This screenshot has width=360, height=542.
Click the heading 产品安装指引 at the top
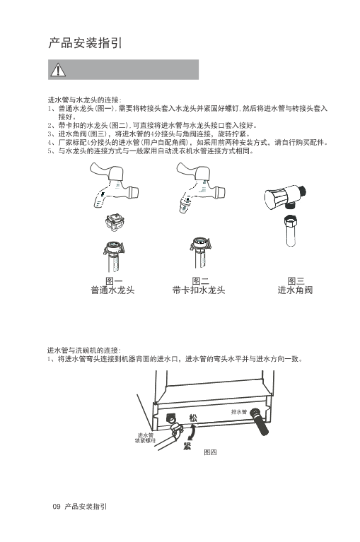[85, 43]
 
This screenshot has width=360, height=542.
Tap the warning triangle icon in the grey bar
[58, 70]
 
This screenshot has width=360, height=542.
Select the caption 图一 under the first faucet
[114, 281]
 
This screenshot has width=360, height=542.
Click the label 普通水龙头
[112, 290]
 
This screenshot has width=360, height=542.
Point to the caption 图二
[201, 281]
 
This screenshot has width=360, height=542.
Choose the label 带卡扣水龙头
[199, 290]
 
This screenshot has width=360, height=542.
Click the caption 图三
[296, 281]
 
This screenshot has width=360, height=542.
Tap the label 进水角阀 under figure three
[295, 290]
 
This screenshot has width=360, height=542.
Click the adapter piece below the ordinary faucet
[115, 223]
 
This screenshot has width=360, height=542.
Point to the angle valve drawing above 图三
[285, 196]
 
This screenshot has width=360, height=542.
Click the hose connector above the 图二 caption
[200, 253]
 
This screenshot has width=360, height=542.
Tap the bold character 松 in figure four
[192, 418]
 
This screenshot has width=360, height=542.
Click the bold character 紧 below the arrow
[187, 446]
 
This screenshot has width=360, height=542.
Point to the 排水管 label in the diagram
[239, 412]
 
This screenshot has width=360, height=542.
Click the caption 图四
[210, 452]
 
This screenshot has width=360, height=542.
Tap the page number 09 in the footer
[57, 507]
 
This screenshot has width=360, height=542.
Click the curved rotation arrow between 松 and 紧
[193, 432]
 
